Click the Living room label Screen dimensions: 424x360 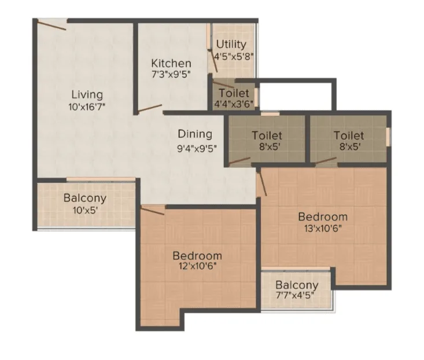point(87,95)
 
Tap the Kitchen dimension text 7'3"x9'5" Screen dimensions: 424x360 point(171,75)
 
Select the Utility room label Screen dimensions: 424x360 point(231,45)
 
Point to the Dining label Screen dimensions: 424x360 point(195,134)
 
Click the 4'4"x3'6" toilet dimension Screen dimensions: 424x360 point(234,104)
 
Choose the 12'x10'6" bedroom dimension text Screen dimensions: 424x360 point(197,266)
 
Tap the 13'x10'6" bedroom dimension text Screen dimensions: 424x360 point(323,229)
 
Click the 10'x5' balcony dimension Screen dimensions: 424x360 point(85,210)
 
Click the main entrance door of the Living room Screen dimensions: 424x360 point(51,25)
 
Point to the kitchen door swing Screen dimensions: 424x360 point(150,108)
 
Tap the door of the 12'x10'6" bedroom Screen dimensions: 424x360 point(152,210)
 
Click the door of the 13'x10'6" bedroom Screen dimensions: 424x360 point(262,182)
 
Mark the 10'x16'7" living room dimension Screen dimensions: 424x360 point(87,107)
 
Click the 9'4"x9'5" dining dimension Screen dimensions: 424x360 point(197,149)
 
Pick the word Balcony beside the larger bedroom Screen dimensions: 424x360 point(297,285)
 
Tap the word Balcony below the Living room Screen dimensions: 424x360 point(85,199)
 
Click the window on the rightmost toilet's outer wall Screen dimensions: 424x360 point(388,137)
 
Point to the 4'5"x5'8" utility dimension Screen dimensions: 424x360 point(234,57)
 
